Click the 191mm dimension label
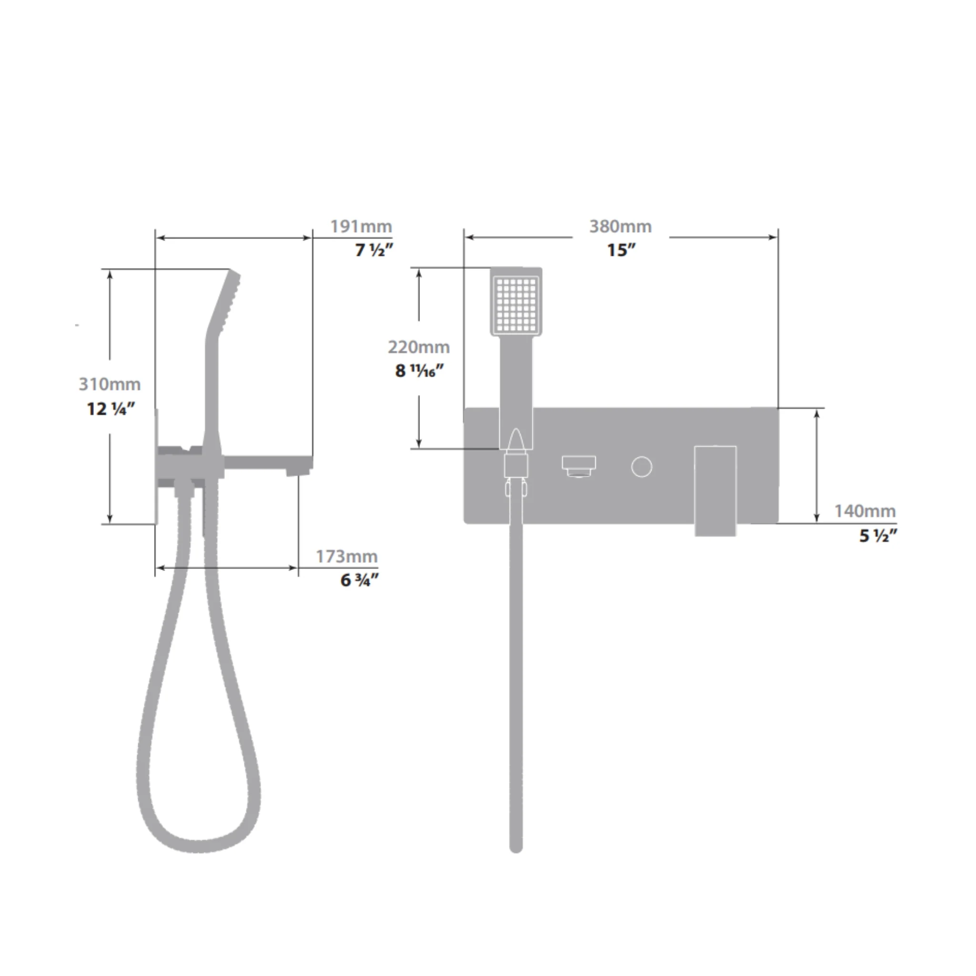click(x=361, y=226)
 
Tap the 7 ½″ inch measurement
click(x=374, y=250)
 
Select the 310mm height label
click(x=110, y=384)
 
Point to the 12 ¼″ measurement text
click(x=111, y=408)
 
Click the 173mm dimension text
click(x=346, y=556)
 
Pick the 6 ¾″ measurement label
click(x=360, y=580)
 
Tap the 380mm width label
click(x=620, y=226)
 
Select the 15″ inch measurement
click(x=621, y=250)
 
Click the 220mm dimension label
click(x=419, y=347)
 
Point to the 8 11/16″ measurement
click(x=419, y=371)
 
